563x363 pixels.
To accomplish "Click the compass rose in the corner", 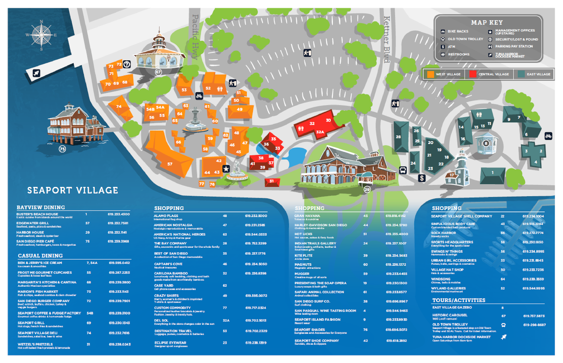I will (x=41, y=35).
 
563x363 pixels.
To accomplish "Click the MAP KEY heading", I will (x=487, y=22).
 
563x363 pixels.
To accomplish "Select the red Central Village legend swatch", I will (x=473, y=74).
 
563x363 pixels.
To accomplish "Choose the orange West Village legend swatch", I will (x=430, y=74).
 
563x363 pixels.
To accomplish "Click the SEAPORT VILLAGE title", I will (x=73, y=190).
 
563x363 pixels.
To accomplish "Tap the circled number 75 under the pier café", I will (x=62, y=149).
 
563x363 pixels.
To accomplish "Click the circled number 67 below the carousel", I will (x=158, y=72).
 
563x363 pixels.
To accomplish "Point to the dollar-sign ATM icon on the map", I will (x=422, y=178).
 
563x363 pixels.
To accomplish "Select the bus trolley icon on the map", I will (x=403, y=170).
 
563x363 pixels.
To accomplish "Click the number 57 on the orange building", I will (x=170, y=164).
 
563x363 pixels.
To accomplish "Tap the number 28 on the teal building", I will (x=398, y=137).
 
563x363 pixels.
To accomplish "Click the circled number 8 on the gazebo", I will (x=486, y=143).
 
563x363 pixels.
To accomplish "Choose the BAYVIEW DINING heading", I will (x=41, y=207).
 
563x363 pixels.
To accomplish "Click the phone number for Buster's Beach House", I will (x=118, y=214).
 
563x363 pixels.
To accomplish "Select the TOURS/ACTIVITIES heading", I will (x=459, y=300).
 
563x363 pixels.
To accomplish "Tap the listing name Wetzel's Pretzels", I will (x=35, y=344).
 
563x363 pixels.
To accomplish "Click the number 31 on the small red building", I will (x=272, y=181).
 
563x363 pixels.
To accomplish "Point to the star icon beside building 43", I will (x=226, y=169).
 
